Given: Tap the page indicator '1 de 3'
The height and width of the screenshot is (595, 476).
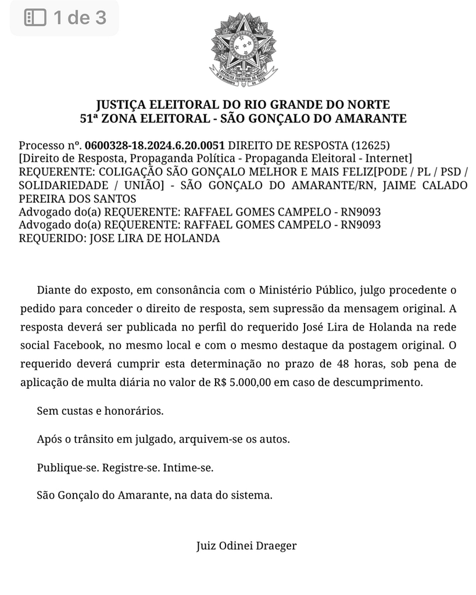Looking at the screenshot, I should (80, 17).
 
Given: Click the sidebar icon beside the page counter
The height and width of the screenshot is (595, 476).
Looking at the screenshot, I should (35, 17).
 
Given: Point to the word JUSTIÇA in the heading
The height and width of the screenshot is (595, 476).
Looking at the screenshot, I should (121, 105).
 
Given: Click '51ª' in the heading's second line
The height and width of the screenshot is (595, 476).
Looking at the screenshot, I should (91, 119).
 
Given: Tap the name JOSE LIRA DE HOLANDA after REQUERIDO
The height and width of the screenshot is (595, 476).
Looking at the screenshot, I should (154, 238).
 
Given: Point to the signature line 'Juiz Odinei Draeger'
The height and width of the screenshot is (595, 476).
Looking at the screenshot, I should (246, 546).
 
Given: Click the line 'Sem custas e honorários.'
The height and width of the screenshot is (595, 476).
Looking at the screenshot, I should (100, 411).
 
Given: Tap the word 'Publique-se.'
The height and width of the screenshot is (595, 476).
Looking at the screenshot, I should (67, 467).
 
